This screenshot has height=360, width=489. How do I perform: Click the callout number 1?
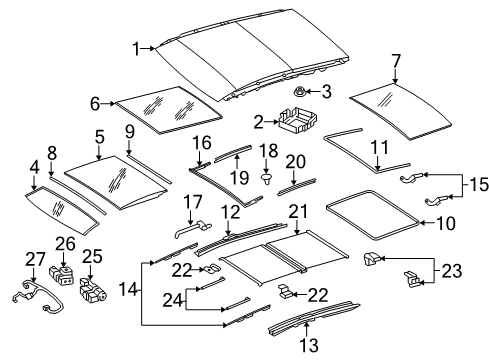pos(135,49)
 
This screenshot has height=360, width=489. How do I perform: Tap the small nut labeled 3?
pos(301,90)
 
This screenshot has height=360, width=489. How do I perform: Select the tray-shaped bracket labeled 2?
pos(297,120)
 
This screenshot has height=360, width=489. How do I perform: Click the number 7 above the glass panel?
pos(395,62)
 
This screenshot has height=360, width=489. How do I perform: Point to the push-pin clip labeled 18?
pos(266,178)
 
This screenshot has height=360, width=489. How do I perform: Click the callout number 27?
pos(36,260)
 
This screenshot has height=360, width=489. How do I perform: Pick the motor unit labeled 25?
pos(92,290)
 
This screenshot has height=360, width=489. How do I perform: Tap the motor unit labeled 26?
pos(63,275)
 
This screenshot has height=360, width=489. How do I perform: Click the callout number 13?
pos(309,345)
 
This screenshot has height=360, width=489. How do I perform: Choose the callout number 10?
pos(445,223)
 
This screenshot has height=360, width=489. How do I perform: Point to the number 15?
pos(478,184)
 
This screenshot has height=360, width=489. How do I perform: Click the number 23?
pos(452,270)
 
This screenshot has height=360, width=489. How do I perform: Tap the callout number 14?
pos(128,289)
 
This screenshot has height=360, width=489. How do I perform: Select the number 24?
pos(172,300)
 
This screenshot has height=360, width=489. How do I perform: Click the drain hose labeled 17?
pos(193,229)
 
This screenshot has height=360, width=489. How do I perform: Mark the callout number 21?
pos(298,212)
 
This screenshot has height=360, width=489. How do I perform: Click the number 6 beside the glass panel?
pos(95,104)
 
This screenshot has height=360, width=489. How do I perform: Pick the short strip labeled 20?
pos(296,187)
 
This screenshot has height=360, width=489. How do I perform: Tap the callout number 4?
pos(34,168)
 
